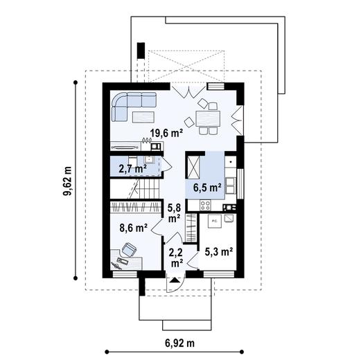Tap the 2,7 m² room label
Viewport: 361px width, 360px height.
[132, 168]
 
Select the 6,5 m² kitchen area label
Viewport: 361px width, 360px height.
[206, 187]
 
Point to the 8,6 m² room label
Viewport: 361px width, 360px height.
[132, 227]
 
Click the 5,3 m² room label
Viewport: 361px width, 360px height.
[218, 252]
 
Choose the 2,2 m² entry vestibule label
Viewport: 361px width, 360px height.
[175, 258]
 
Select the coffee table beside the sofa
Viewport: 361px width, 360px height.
[143, 116]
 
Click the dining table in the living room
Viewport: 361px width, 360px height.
[207, 116]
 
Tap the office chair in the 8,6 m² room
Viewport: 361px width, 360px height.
[130, 249]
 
